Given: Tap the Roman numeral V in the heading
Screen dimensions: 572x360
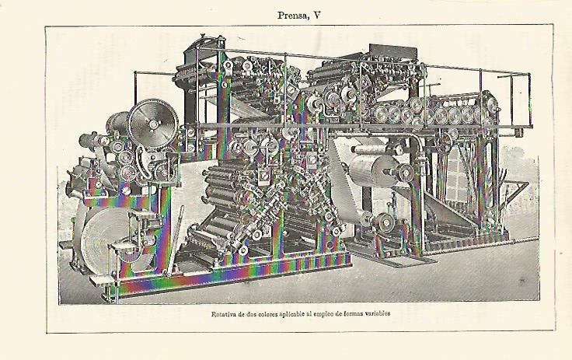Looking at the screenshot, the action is click(x=317, y=15).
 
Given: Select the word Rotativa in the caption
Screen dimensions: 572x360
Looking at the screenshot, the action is click(x=223, y=313).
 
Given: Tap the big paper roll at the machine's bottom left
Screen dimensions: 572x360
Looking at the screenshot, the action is click(x=106, y=241).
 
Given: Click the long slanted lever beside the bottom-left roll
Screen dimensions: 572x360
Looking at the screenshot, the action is click(x=174, y=240).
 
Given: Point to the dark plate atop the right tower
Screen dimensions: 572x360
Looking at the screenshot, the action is click(x=393, y=51).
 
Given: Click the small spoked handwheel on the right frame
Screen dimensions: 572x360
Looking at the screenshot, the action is click(x=444, y=143).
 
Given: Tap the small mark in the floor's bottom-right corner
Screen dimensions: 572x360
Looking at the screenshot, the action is click(x=522, y=281).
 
